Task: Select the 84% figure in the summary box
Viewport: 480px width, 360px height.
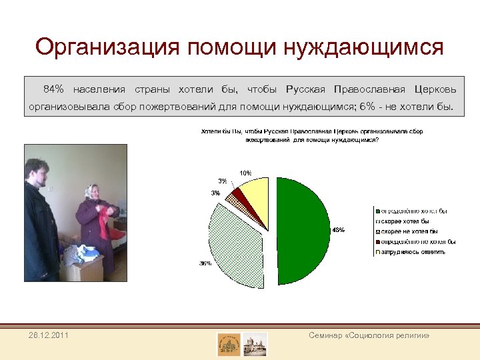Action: point(54,89)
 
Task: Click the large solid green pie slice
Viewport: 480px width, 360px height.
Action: point(303,230)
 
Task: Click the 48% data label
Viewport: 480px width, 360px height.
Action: point(338,230)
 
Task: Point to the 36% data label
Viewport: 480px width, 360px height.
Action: point(205,263)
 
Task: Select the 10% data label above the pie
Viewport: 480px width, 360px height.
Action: point(245,173)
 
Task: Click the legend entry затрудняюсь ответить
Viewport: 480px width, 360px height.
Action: point(413,252)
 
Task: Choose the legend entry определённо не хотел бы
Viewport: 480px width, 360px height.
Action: point(417,241)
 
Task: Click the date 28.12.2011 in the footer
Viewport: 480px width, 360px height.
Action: point(48,334)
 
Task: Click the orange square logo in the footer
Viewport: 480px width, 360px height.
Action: point(229,343)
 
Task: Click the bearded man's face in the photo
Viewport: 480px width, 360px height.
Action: point(39,171)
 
